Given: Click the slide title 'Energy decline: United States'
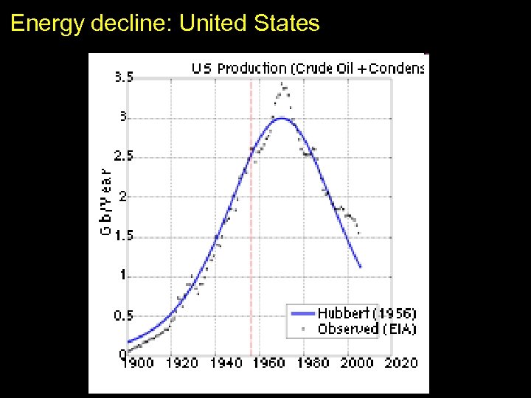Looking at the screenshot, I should (x=165, y=24).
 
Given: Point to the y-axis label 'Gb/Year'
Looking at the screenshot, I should (x=105, y=199).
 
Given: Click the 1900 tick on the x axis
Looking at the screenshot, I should (x=138, y=363).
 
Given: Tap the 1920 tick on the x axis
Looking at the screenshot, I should (x=181, y=363).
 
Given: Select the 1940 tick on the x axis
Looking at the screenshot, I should (x=226, y=363).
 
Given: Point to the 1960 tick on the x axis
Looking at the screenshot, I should (x=270, y=363).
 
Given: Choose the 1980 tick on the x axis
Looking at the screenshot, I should (x=314, y=363).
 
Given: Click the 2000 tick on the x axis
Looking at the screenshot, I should (x=358, y=363).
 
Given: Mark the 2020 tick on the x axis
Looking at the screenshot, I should (x=401, y=363).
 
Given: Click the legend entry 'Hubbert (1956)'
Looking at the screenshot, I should (x=367, y=313).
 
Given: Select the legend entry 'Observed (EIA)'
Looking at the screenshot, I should (x=367, y=329).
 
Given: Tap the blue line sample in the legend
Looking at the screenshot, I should (x=301, y=313).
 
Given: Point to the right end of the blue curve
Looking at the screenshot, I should (x=361, y=267).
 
